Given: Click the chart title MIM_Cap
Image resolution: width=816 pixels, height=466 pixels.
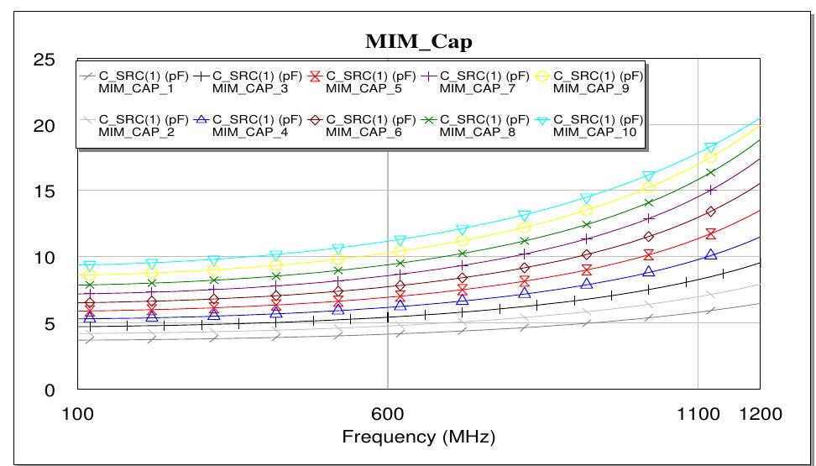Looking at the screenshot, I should point(418,41).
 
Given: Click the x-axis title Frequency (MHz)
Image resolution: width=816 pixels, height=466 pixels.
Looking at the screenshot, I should point(418,437).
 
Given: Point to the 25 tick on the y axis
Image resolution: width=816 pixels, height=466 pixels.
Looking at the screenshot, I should point(43,60).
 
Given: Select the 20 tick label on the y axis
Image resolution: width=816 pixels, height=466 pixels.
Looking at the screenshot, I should point(43,127).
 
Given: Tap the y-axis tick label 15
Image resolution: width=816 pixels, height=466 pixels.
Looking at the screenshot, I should point(43,192).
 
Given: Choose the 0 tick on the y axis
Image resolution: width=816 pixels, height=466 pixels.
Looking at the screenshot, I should point(49,390).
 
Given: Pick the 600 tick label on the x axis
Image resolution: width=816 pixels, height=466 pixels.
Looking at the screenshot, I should point(387,414).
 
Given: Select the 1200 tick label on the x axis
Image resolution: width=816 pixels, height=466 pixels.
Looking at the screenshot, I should point(760,414).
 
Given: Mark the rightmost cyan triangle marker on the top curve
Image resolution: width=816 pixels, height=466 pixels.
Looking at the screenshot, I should point(710,149).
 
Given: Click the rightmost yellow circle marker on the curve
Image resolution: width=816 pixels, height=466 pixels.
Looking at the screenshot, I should point(710,158).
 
